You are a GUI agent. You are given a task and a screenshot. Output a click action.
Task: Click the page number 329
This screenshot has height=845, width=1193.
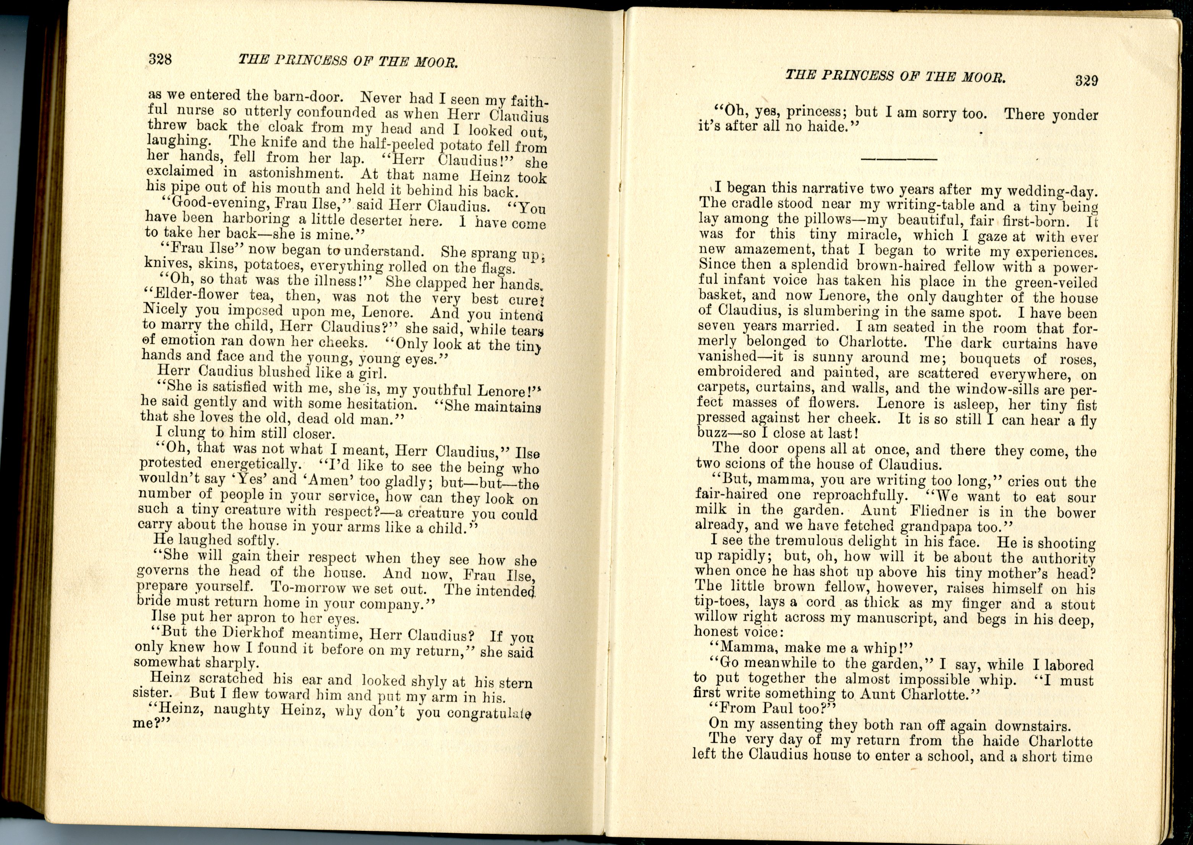pos(1086,80)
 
